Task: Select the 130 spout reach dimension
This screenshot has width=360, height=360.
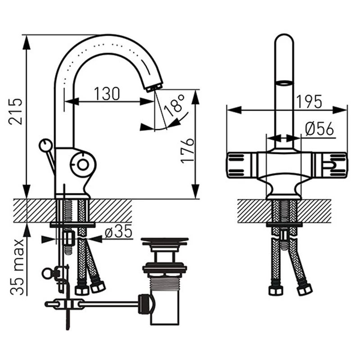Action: tap(107, 94)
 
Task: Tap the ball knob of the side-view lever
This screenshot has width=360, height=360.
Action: tap(45, 145)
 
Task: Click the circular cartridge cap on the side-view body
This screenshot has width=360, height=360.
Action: tap(82, 164)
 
